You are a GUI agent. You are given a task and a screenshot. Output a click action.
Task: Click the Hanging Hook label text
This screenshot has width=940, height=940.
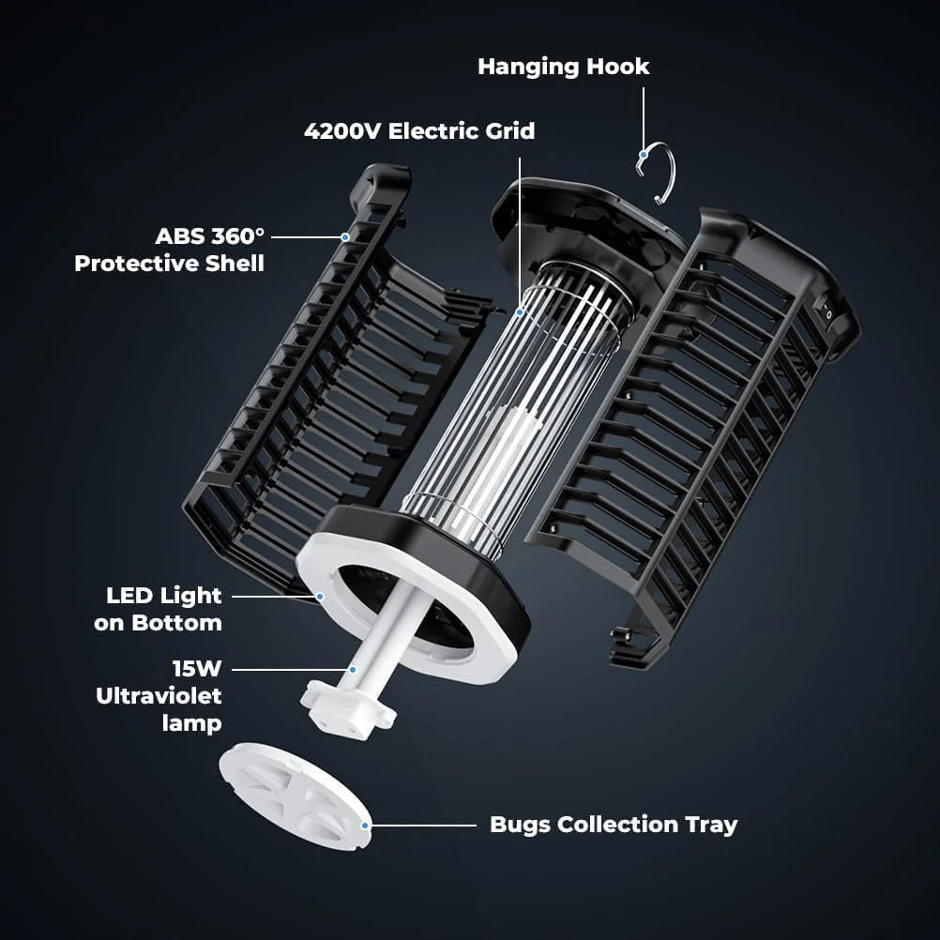point(563,67)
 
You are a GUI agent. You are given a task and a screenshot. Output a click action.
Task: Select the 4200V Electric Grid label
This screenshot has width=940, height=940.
point(419,130)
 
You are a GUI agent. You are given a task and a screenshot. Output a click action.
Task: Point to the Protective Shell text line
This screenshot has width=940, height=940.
point(169,263)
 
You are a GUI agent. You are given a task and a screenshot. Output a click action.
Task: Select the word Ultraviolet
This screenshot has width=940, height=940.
point(159,696)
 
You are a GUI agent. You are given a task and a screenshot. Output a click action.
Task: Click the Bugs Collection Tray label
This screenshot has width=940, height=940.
point(614,825)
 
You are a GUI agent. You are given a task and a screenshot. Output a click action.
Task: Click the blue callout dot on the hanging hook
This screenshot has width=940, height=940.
point(644,155)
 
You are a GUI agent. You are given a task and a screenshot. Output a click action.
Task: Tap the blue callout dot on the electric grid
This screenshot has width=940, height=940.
point(520,310)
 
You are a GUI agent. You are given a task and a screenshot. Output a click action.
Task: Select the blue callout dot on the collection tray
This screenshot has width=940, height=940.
point(367,825)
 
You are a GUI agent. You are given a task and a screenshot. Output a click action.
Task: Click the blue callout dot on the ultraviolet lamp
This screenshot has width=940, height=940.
point(352,670)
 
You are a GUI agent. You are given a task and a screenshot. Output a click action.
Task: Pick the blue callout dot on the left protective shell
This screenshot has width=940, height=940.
point(345,236)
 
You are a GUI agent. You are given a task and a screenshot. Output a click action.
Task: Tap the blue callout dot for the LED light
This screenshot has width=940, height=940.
point(320,596)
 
